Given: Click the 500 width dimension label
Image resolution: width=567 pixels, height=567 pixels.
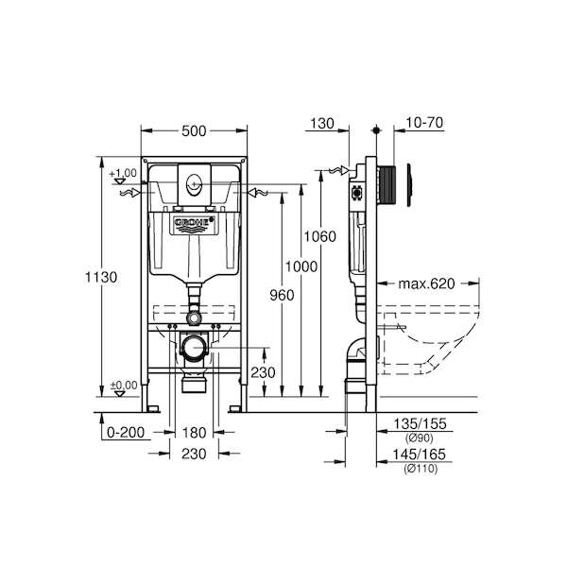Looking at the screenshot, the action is click(194, 131).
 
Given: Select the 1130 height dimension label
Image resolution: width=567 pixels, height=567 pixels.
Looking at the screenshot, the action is click(101, 277).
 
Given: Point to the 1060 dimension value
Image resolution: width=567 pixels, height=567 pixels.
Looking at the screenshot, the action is click(319, 236).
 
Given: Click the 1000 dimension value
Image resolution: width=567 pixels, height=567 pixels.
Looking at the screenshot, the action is click(301, 266).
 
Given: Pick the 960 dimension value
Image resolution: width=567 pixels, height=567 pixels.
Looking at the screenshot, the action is click(282, 296).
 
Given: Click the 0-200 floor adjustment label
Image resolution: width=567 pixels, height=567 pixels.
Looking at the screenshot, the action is click(126, 432).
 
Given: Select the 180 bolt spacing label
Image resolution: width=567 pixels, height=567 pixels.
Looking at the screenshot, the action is click(194, 433).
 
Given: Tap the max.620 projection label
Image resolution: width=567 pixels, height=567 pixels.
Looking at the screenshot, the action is click(426, 283).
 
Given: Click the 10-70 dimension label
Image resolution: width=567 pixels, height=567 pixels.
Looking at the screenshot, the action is click(424, 123).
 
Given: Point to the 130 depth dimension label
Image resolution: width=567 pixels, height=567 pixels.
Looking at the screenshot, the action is click(322, 124).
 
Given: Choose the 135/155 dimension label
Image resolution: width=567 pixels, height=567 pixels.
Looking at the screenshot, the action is click(420, 423).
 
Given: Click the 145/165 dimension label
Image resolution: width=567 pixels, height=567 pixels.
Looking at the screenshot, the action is click(420, 455).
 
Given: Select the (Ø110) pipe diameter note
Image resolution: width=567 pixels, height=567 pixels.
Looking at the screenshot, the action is click(421, 469).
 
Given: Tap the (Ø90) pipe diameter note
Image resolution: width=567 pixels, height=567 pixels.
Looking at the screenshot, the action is click(419, 438).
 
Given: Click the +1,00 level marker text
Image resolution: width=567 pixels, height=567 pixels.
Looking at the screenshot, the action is click(123, 173).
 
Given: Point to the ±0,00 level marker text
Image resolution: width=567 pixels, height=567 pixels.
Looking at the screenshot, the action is click(124, 386).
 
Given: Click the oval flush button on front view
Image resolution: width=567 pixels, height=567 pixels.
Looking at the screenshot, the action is click(194, 183).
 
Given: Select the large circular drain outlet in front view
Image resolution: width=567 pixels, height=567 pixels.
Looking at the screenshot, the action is click(194, 348).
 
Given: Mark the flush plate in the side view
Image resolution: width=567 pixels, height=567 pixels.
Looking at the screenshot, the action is click(409, 185).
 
